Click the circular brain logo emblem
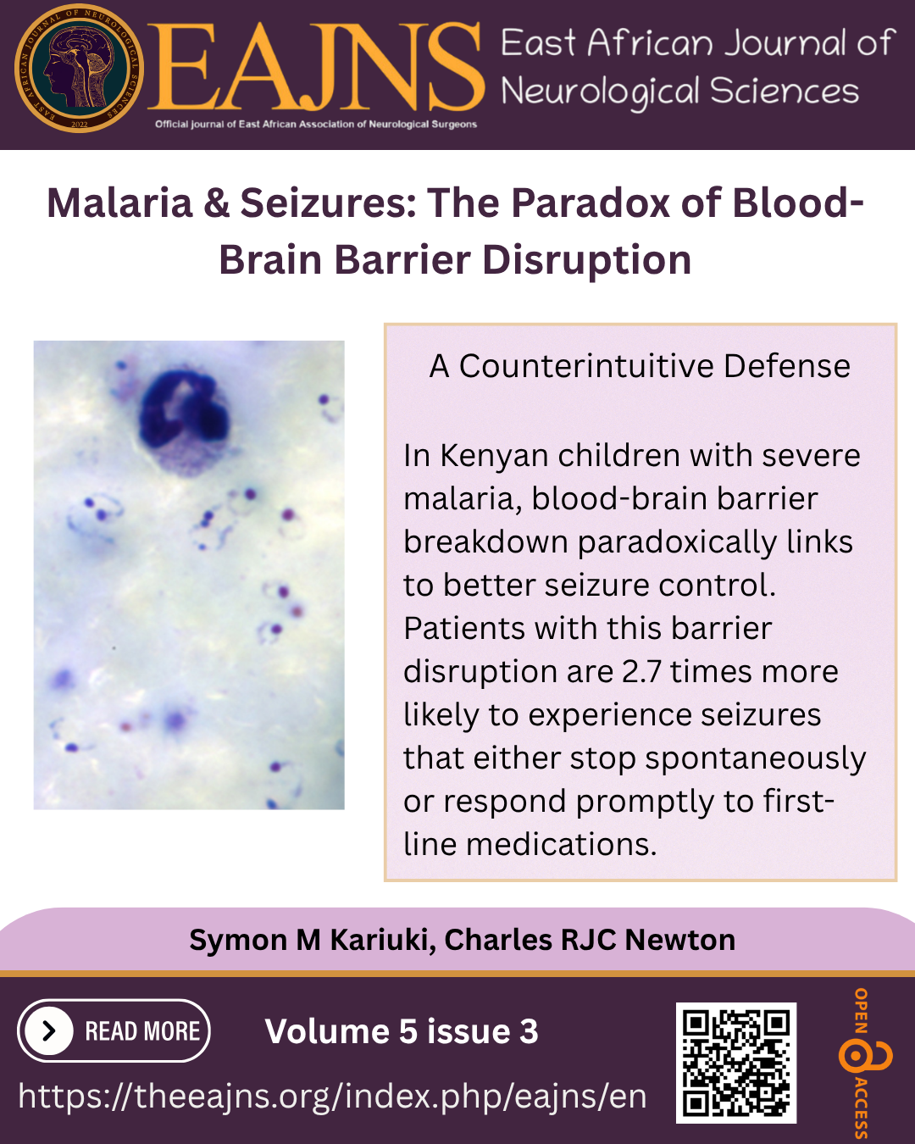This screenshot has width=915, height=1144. [x=80, y=68]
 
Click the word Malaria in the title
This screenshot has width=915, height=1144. [x=119, y=203]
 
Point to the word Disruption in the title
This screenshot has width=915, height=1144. [x=586, y=260]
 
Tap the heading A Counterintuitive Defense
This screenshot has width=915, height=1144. [x=640, y=366]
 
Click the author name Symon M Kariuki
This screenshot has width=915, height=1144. [x=313, y=941]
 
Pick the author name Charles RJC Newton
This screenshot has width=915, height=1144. [x=590, y=940]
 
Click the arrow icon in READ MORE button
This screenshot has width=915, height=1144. [x=49, y=1030]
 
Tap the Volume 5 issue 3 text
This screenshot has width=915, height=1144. [x=402, y=1030]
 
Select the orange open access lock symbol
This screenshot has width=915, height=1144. [x=864, y=1058]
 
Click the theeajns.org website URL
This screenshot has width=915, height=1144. [x=332, y=1096]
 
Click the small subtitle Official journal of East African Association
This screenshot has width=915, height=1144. [x=316, y=125]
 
